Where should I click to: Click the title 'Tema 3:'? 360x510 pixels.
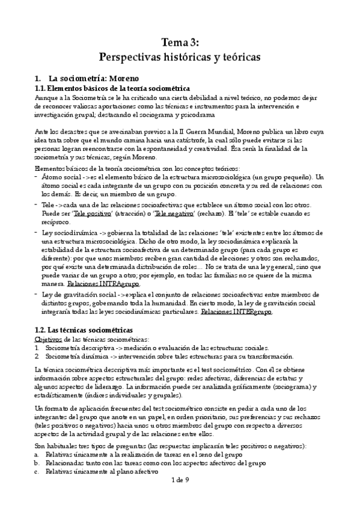[x=180, y=42]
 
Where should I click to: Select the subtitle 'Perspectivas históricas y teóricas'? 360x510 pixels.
[x=180, y=58]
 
